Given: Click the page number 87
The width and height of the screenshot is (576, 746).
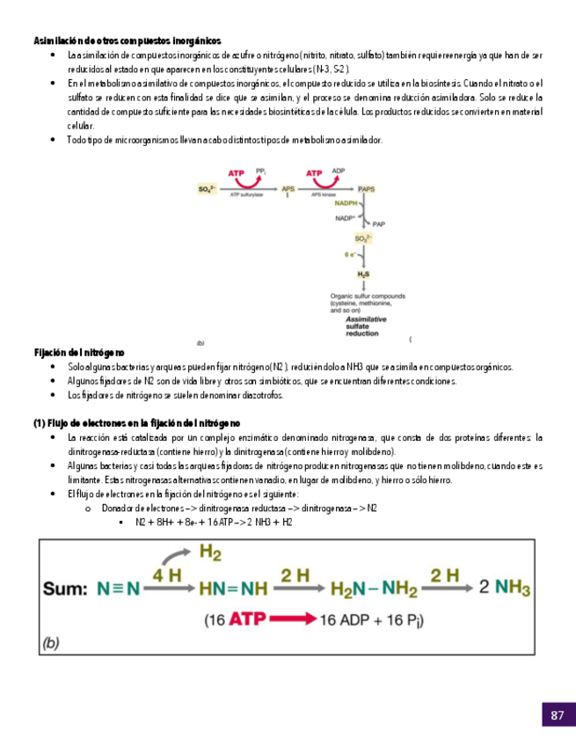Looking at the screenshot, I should (x=557, y=715).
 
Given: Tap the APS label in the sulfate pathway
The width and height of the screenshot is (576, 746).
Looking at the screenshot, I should (x=288, y=189).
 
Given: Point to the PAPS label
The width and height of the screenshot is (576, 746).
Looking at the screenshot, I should (x=367, y=189).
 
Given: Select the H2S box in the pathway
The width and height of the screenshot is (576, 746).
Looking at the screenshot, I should (x=362, y=274).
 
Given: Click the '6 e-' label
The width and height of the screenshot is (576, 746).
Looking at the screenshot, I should (x=349, y=253).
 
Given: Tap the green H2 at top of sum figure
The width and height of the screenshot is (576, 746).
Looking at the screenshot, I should (x=211, y=552).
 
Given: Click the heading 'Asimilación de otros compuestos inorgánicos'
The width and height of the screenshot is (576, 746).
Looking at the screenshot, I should (x=128, y=41).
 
